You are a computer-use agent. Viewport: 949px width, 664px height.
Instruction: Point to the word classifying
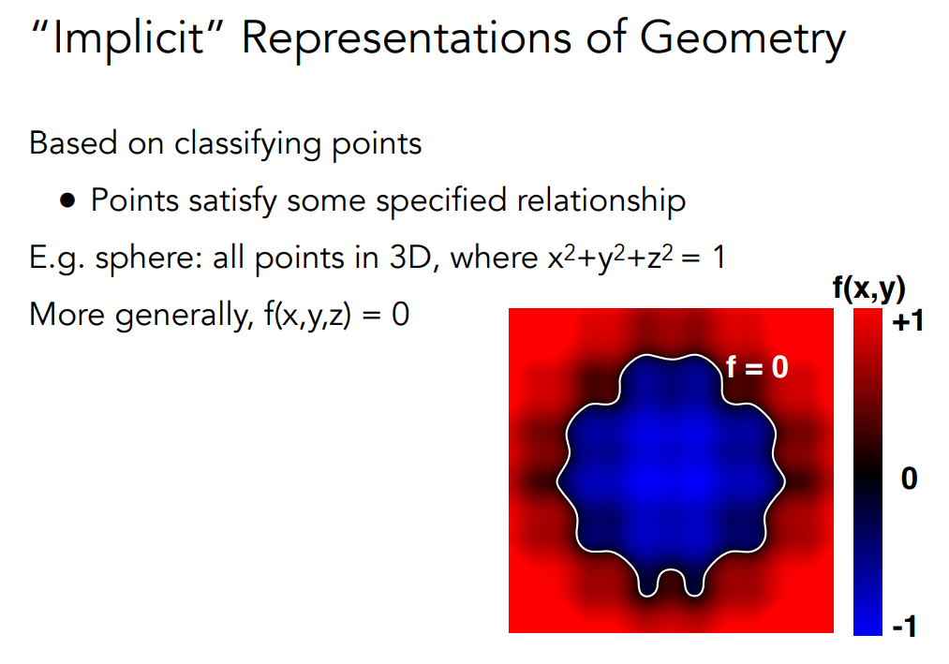247,145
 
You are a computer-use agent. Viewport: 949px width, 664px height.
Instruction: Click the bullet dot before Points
67,200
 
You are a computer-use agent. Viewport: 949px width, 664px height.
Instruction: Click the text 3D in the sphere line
414,258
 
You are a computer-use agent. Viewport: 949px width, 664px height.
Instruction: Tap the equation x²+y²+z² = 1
636,257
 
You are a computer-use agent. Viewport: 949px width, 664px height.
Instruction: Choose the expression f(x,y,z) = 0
337,315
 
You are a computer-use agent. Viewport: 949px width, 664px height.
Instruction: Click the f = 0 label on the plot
757,367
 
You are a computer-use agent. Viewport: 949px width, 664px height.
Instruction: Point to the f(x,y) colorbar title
869,288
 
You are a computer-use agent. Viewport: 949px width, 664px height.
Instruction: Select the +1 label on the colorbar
907,321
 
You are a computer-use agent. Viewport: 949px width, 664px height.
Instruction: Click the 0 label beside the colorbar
909,479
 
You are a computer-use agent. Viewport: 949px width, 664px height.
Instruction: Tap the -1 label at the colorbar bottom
905,627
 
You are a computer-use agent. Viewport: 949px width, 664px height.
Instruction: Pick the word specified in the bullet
440,201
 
